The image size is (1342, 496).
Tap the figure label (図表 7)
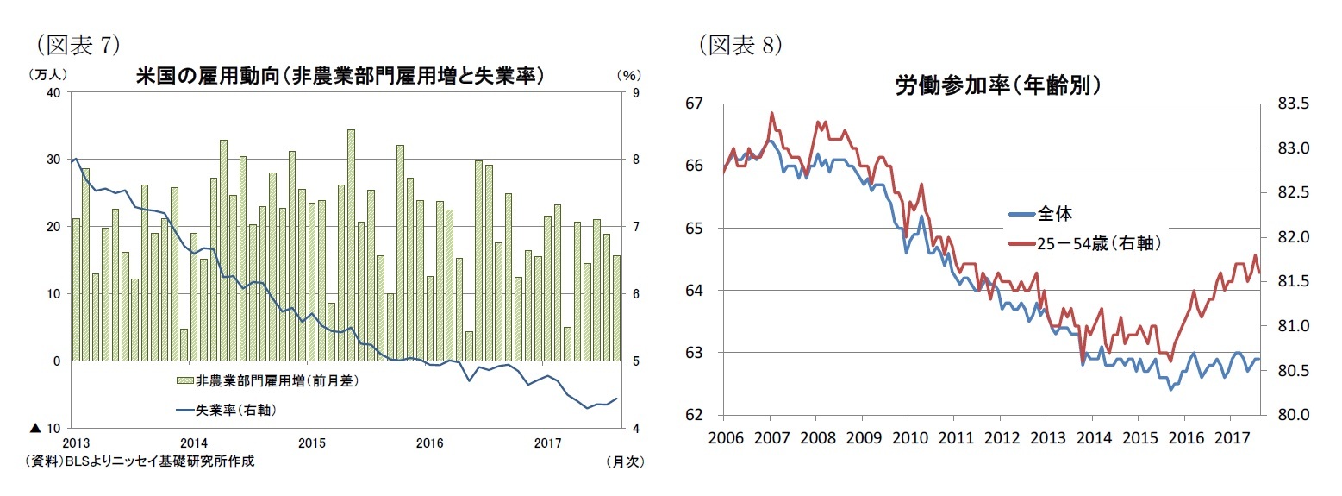[x=75, y=45]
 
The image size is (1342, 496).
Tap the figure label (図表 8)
[x=740, y=45]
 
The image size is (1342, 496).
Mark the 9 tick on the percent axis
[x=635, y=92]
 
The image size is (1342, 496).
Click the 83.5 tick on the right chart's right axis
[x=1289, y=104]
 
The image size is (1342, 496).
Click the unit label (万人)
[x=47, y=75]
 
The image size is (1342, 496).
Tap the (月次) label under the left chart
[x=625, y=461]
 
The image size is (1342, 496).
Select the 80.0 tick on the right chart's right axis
[x=1289, y=415]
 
